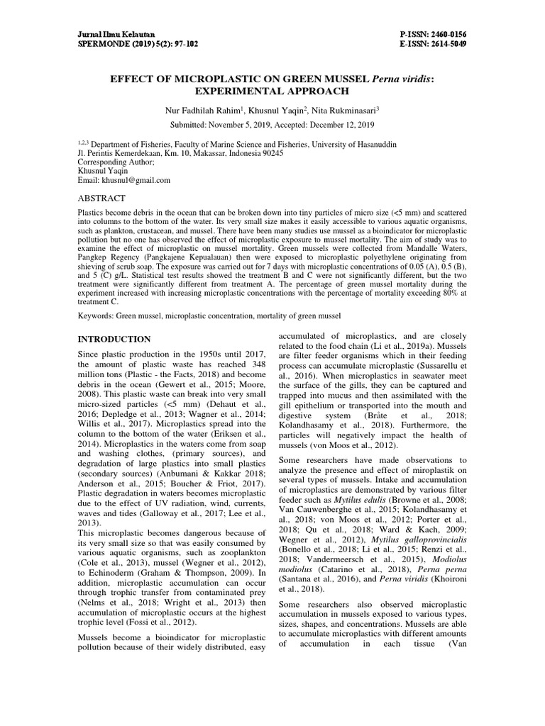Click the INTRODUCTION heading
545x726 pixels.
(x=114, y=339)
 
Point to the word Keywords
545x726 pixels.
(x=96, y=315)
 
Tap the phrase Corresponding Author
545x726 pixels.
(x=114, y=162)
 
